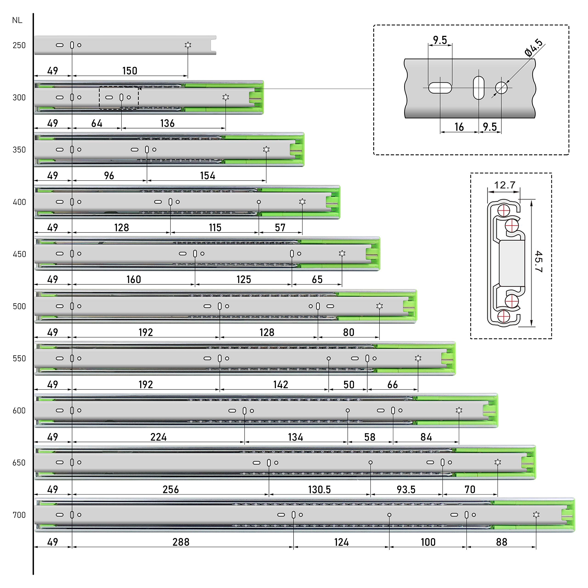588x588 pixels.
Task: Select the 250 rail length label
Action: tap(19, 45)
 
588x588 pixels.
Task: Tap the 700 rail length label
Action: tap(19, 515)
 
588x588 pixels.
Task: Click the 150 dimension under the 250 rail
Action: tap(130, 71)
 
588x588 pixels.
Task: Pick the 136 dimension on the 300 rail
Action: tap(167, 123)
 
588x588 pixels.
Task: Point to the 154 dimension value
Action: tap(208, 176)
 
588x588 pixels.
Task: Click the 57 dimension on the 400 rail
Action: tap(280, 228)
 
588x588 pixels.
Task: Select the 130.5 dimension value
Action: tap(319, 489)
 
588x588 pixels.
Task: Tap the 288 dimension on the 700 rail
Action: tap(181, 542)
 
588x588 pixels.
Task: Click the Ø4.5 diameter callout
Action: tap(534, 48)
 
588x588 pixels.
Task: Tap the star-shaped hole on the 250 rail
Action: tap(188, 45)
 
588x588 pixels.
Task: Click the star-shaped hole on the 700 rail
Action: tap(536, 515)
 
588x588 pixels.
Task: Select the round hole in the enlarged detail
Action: tap(501, 88)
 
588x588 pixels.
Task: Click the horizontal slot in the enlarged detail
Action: tap(440, 88)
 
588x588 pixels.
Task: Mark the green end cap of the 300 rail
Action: tap(256, 97)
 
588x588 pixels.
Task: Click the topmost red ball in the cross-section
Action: tap(504, 210)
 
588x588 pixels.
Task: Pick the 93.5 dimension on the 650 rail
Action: tap(406, 489)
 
